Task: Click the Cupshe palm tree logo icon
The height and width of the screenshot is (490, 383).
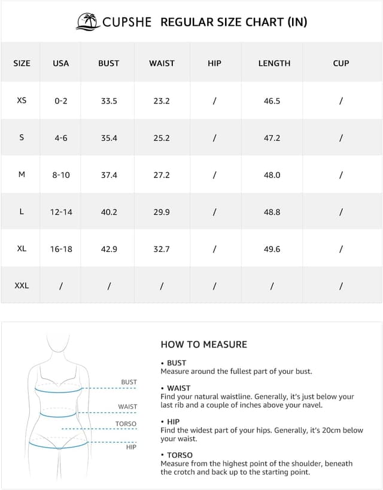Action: point(88,22)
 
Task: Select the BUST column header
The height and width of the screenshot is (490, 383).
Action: point(109,63)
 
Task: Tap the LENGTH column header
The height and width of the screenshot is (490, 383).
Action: point(274,63)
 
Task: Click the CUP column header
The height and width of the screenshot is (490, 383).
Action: point(341,63)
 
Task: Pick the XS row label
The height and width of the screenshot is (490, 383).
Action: point(22,101)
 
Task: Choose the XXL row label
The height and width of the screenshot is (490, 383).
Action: point(22,285)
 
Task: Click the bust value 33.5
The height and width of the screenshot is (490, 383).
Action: point(109,101)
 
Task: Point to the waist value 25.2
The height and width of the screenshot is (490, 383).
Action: point(162,138)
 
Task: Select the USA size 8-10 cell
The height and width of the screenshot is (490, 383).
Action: point(61,175)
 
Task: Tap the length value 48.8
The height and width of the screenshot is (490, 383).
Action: point(272,212)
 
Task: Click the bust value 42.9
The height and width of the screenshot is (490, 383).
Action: point(109,249)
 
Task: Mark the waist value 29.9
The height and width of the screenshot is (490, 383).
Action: point(162,212)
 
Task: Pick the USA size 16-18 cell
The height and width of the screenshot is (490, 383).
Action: point(61,249)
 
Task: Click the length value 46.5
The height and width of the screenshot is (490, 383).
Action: point(272,101)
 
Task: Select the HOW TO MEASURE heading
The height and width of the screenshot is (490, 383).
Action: point(203,345)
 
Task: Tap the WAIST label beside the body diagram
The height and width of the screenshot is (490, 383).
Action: point(127,407)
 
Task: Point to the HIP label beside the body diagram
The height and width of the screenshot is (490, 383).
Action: point(131,447)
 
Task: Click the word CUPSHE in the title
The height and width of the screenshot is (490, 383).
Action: point(127,22)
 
